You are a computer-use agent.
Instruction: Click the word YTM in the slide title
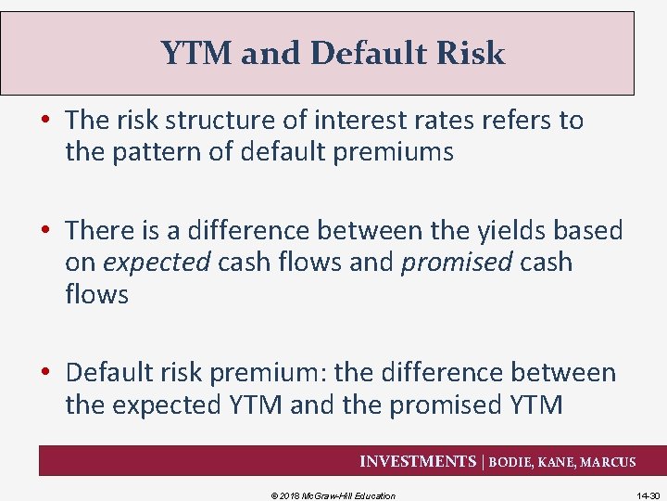(x=196, y=54)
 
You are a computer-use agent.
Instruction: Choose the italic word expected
(x=157, y=263)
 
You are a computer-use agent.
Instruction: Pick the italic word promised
(x=456, y=263)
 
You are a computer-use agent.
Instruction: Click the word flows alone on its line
(x=96, y=295)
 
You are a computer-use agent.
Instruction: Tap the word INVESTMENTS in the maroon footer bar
(x=417, y=462)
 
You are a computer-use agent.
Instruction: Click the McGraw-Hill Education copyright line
(x=333, y=495)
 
